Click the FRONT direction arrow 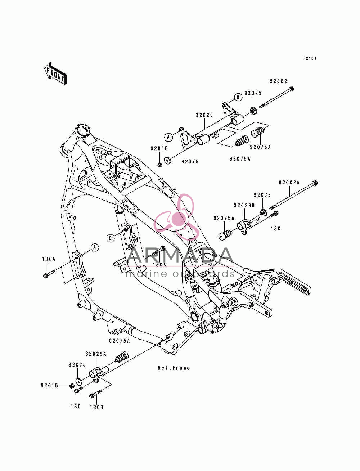click(55, 73)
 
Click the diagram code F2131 click(310, 58)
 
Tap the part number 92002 click(278, 81)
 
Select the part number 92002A click(289, 183)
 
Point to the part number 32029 click(204, 115)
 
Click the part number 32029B click(244, 206)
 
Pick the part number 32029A click(96, 354)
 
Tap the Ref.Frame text click(174, 368)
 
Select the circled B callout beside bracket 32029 click(238, 97)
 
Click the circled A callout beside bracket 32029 click(169, 137)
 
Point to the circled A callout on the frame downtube click(95, 248)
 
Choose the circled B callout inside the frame click(111, 238)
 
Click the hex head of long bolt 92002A click(315, 183)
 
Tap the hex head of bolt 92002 click(291, 89)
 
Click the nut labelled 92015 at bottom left click(72, 386)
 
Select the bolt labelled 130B click(95, 394)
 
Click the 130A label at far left click(49, 259)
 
